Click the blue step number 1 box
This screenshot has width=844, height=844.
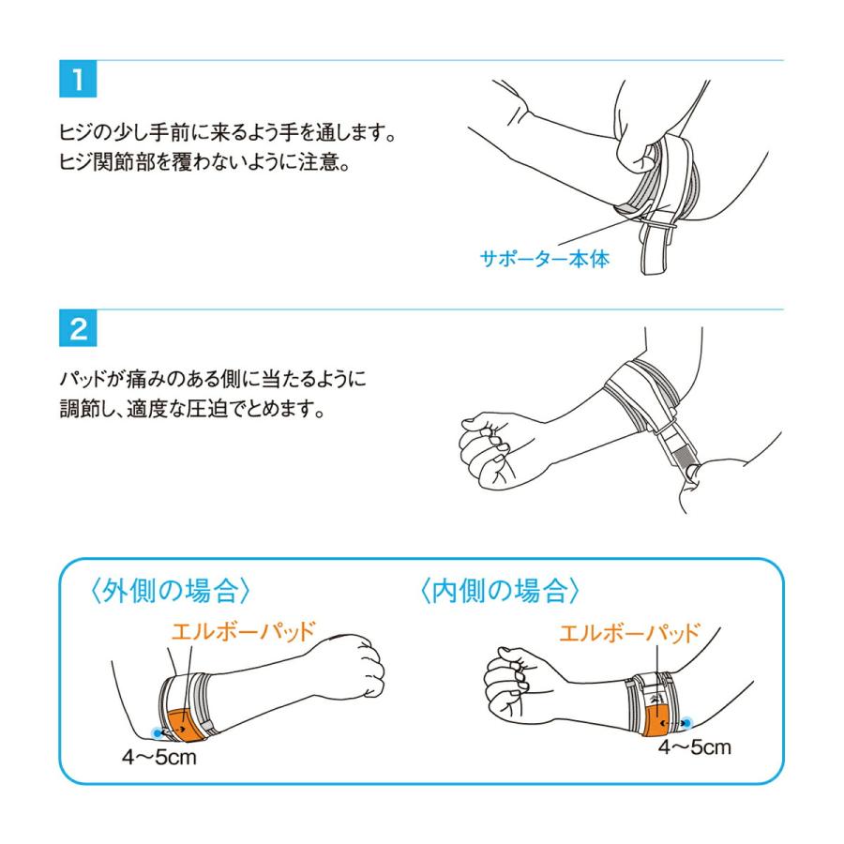pos(78,79)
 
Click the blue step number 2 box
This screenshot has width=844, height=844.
pos(78,328)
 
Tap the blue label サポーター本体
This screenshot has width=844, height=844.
pos(545,259)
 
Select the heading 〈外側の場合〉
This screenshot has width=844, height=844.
pos(170,591)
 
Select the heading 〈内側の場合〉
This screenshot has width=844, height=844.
pos(500,591)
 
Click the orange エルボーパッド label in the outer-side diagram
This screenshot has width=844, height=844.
pos(243,631)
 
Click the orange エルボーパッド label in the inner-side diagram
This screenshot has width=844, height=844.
pos(630,633)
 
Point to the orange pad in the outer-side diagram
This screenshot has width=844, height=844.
pos(184,725)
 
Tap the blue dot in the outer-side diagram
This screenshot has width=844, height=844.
pos(157,732)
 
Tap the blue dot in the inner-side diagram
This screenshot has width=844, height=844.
pos(686,722)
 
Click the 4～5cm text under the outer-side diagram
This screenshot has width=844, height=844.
pos(158,758)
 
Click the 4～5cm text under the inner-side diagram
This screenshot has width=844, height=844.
pos(694,747)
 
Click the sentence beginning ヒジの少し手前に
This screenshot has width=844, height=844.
pos(227,132)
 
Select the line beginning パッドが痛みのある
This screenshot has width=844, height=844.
pos(213,379)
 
